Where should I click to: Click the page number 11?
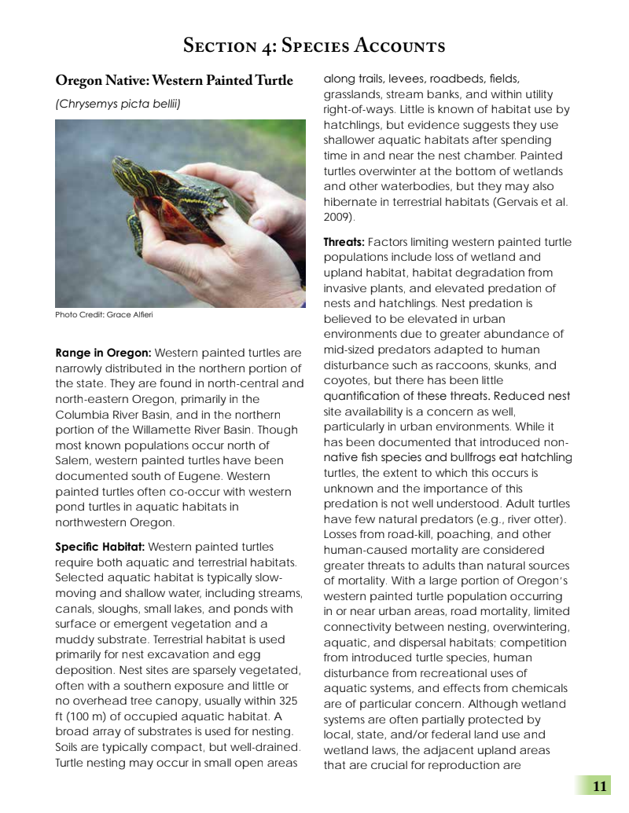pos(600,786)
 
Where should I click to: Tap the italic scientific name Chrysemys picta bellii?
pos(118,103)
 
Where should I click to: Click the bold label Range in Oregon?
pos(103,353)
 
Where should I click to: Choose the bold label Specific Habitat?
pos(99,547)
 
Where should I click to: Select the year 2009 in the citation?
pos(339,217)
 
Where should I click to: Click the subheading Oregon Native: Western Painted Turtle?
pos(174,81)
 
